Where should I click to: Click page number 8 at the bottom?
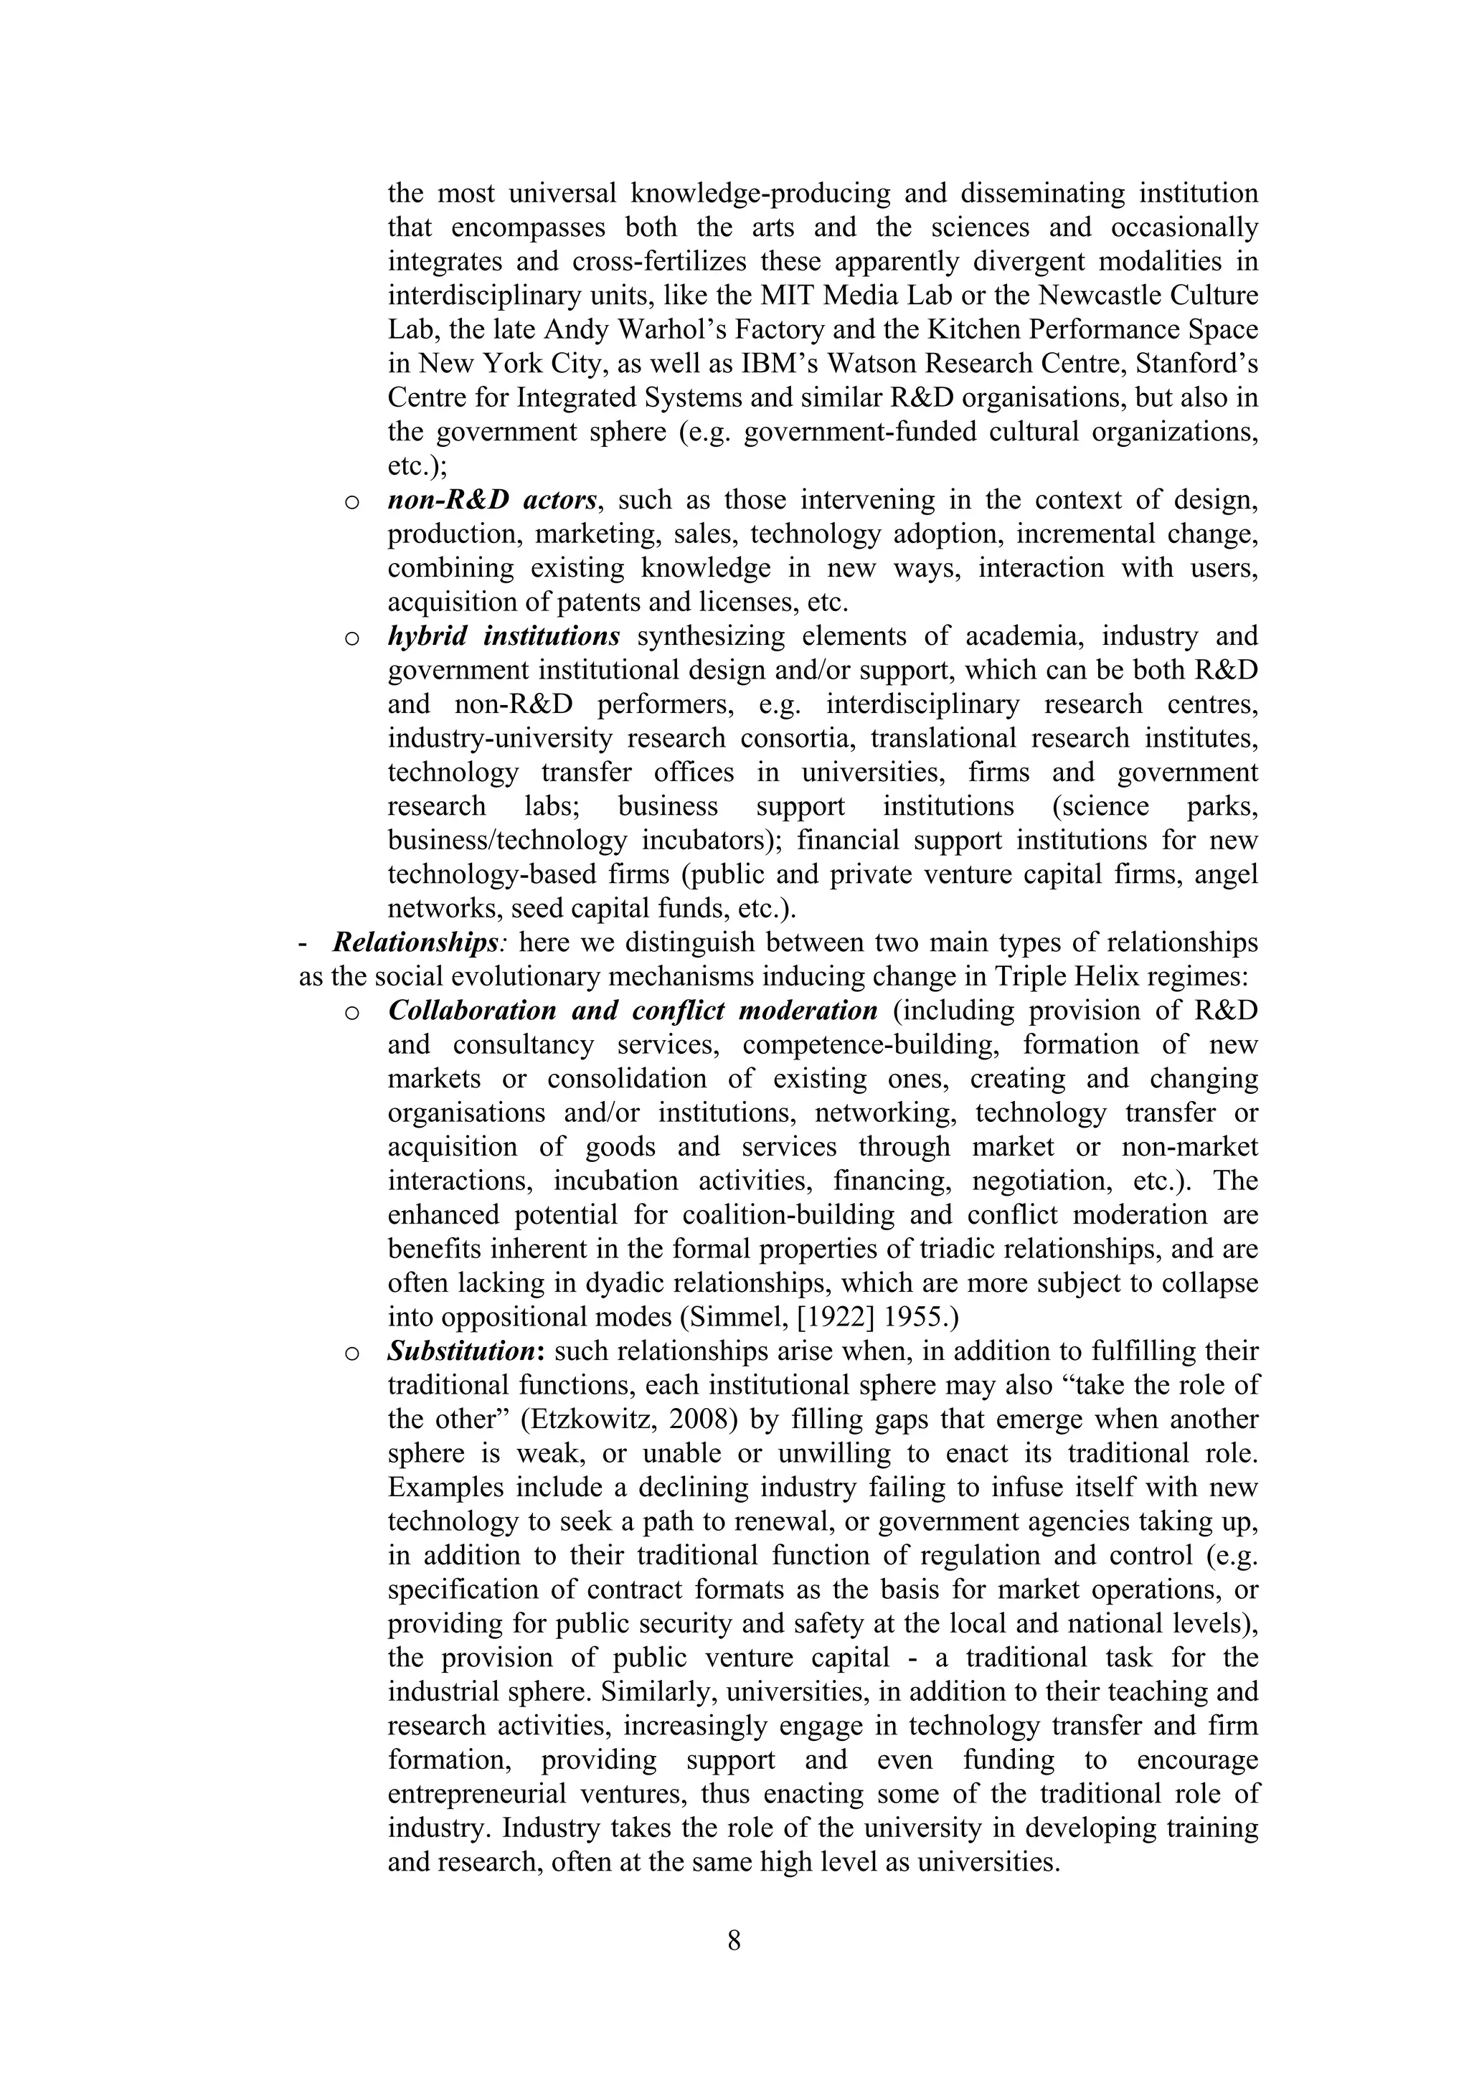tap(733, 1940)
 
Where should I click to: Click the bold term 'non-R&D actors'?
tap(491, 499)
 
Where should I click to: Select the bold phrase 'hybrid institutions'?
tap(504, 636)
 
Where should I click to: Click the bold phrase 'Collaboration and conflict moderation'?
tap(632, 1010)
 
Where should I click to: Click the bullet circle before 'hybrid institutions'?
tap(352, 639)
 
